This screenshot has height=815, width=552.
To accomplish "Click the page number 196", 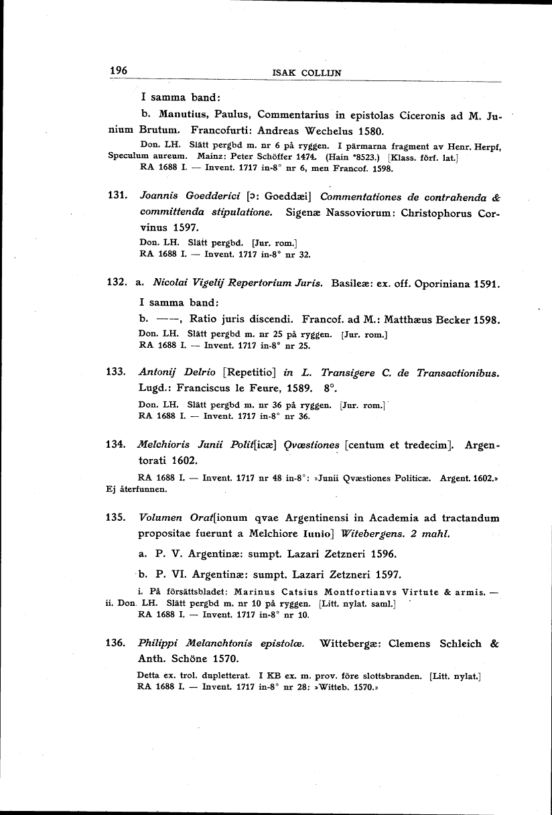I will coord(119,71).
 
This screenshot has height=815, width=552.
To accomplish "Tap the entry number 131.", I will coord(118,196).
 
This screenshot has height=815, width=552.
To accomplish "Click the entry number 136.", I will coord(118,643).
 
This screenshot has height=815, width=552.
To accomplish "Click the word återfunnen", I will coord(139,489).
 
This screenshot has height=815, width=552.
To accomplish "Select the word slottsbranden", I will coord(393,676).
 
